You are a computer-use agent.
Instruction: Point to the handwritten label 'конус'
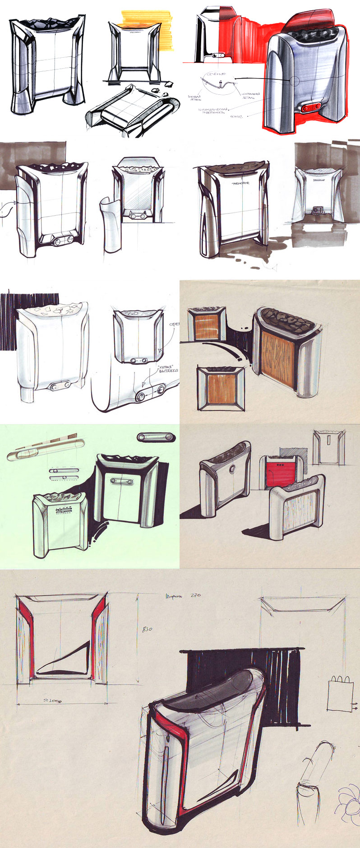point(236,116)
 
